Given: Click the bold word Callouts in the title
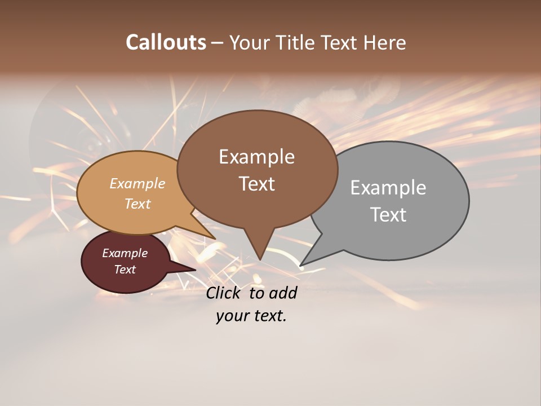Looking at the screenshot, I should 166,42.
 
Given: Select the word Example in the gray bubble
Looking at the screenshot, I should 388,188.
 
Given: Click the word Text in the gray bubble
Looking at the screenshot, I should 388,215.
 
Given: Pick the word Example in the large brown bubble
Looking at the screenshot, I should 256,157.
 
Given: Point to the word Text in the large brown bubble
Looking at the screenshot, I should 256,184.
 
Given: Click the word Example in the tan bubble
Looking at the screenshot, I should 138,184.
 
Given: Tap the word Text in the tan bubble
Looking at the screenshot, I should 138,204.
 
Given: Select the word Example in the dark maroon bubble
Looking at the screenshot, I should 125,253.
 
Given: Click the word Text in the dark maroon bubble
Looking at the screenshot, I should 125,270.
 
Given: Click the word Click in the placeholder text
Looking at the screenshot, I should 224,293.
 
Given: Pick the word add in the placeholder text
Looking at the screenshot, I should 282,293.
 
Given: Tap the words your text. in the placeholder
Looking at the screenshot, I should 251,316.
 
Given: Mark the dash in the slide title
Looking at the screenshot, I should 218,42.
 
